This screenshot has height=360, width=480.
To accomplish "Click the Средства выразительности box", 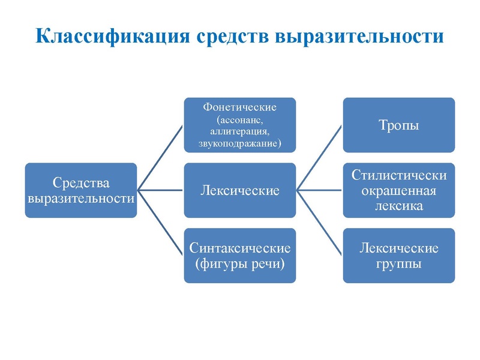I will click(x=81, y=190).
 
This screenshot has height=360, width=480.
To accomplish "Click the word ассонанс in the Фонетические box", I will click(x=239, y=120).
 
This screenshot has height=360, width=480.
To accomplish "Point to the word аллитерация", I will click(x=239, y=131).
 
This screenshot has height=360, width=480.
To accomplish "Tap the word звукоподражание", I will click(x=238, y=143).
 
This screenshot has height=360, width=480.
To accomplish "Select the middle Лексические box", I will click(x=239, y=190).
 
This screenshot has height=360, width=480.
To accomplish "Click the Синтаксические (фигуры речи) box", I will click(x=239, y=255).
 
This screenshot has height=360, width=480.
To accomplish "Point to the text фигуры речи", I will click(x=239, y=263).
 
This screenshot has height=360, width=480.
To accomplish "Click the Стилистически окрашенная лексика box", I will click(x=398, y=190).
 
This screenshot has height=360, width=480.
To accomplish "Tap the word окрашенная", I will click(x=398, y=191).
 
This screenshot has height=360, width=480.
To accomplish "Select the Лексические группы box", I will click(x=398, y=255).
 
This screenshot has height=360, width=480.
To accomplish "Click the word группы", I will click(x=398, y=263).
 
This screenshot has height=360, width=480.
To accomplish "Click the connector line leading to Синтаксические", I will click(x=161, y=223).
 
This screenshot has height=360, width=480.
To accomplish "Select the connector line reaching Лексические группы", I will click(x=320, y=223).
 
